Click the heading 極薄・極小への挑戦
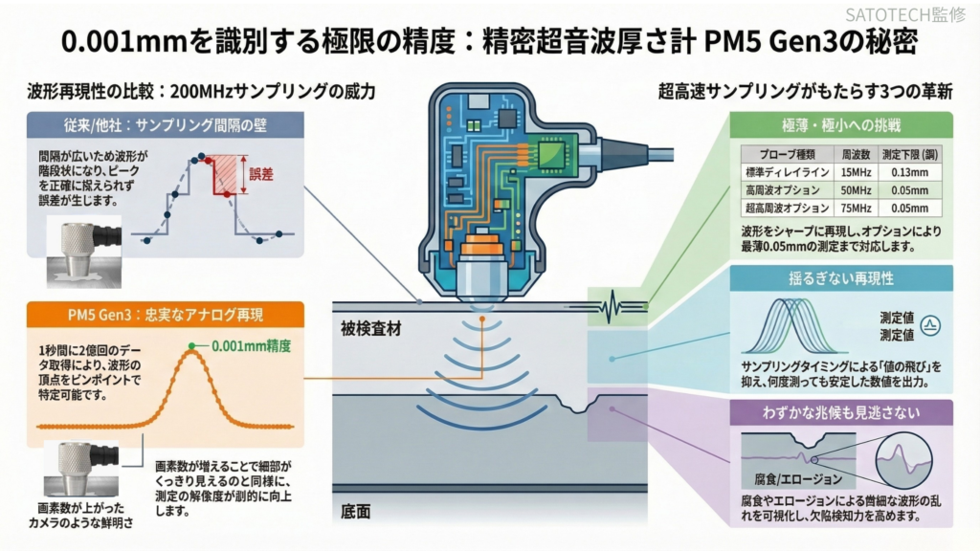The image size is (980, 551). coord(840,125)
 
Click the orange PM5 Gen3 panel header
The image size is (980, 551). coord(167,315)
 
